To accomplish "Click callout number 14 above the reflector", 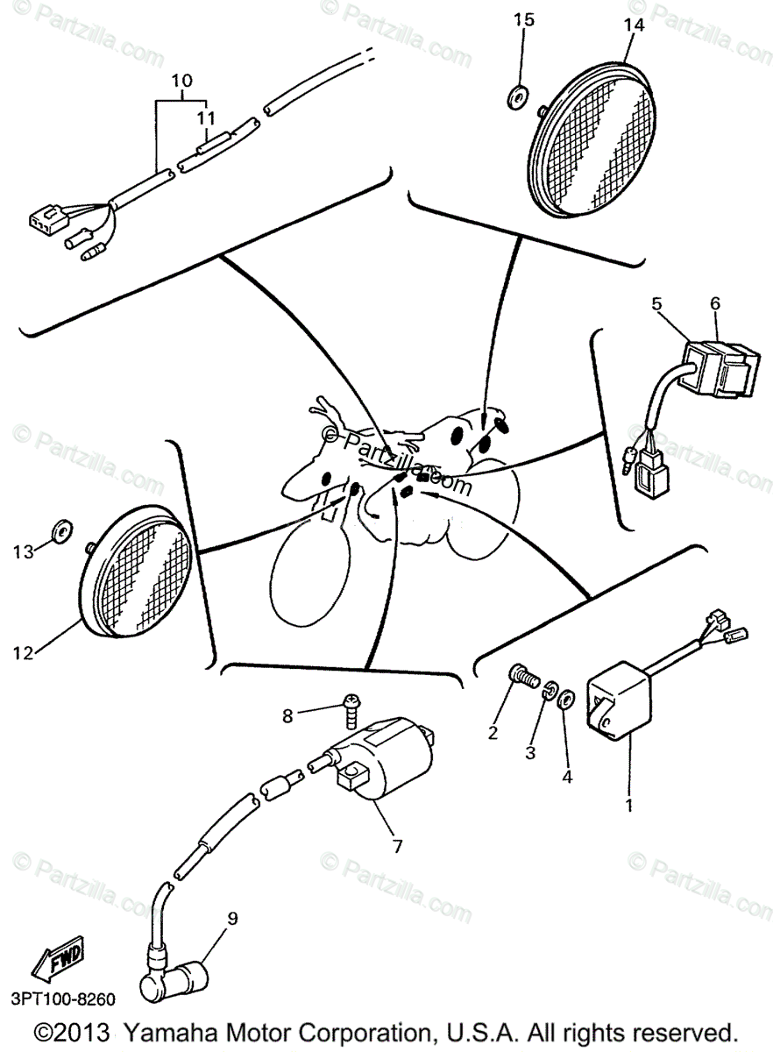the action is (634, 25).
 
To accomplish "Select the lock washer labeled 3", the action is (550, 690).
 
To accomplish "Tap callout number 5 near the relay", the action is (656, 304).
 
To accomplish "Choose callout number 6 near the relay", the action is (715, 304).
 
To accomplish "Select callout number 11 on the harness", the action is (205, 116).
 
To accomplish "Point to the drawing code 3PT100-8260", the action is (62, 999).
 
